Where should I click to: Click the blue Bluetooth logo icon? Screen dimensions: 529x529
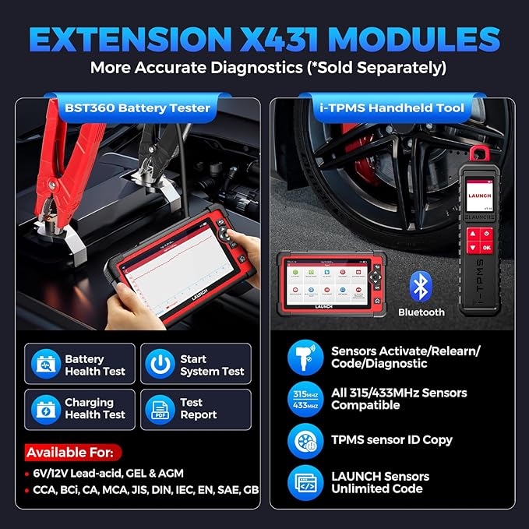pyautogui.click(x=421, y=287)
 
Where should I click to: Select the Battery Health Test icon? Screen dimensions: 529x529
pyautogui.click(x=45, y=364)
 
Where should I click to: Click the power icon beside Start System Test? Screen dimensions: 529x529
pyautogui.click(x=160, y=364)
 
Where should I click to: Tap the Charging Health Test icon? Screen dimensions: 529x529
pyautogui.click(x=45, y=408)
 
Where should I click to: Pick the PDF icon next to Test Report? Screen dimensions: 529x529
pyautogui.click(x=160, y=408)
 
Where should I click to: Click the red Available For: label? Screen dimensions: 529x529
pyautogui.click(x=73, y=452)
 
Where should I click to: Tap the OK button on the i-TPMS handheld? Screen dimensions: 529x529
pyautogui.click(x=486, y=248)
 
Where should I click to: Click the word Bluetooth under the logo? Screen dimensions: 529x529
pyautogui.click(x=421, y=312)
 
